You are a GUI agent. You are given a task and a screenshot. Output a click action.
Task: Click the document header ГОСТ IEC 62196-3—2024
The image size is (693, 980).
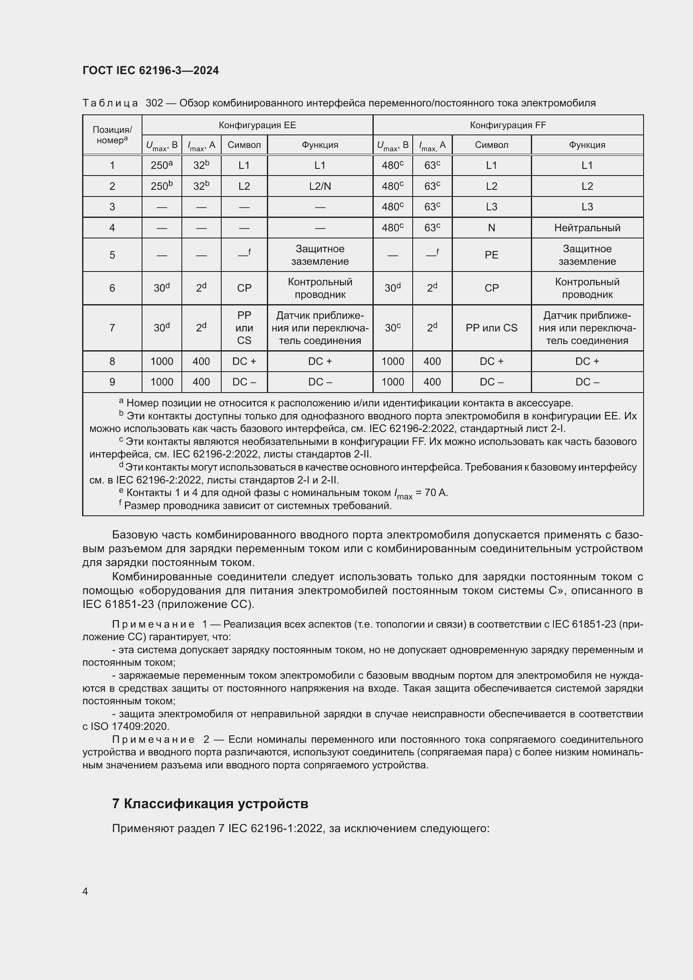[x=151, y=70]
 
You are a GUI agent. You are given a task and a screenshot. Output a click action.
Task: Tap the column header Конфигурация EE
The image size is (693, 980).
[x=257, y=125]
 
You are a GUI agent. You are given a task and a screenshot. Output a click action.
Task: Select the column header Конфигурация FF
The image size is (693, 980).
[x=508, y=125]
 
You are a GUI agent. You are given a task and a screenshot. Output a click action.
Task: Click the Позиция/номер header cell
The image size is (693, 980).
[x=112, y=135]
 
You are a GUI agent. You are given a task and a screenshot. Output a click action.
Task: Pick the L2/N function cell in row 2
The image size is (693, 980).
[x=320, y=186]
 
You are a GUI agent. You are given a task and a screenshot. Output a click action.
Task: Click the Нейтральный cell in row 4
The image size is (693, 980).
[x=587, y=228]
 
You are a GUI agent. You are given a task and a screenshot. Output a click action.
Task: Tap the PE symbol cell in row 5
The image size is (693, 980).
[x=491, y=255]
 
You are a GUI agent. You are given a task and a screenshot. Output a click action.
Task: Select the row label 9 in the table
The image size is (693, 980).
[x=112, y=382]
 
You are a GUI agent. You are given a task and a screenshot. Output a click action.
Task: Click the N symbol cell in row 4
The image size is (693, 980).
[x=491, y=228]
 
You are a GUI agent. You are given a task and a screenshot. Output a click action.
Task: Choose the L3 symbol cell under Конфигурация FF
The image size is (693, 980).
[x=491, y=207]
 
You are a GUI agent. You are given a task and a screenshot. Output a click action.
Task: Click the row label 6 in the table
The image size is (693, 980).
[x=112, y=288]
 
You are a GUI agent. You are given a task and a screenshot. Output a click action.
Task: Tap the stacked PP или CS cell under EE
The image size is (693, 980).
[x=244, y=328]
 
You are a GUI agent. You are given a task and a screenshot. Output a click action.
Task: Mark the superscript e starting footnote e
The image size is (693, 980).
[x=121, y=491]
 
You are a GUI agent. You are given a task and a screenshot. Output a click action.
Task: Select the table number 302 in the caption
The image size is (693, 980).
[x=155, y=103]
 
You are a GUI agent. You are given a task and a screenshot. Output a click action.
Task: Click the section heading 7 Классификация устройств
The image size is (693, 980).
[x=210, y=804]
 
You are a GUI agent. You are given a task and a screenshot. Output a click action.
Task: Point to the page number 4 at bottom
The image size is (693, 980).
[x=85, y=891]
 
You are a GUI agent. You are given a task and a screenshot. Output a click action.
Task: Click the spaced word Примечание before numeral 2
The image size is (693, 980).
[x=153, y=739]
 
